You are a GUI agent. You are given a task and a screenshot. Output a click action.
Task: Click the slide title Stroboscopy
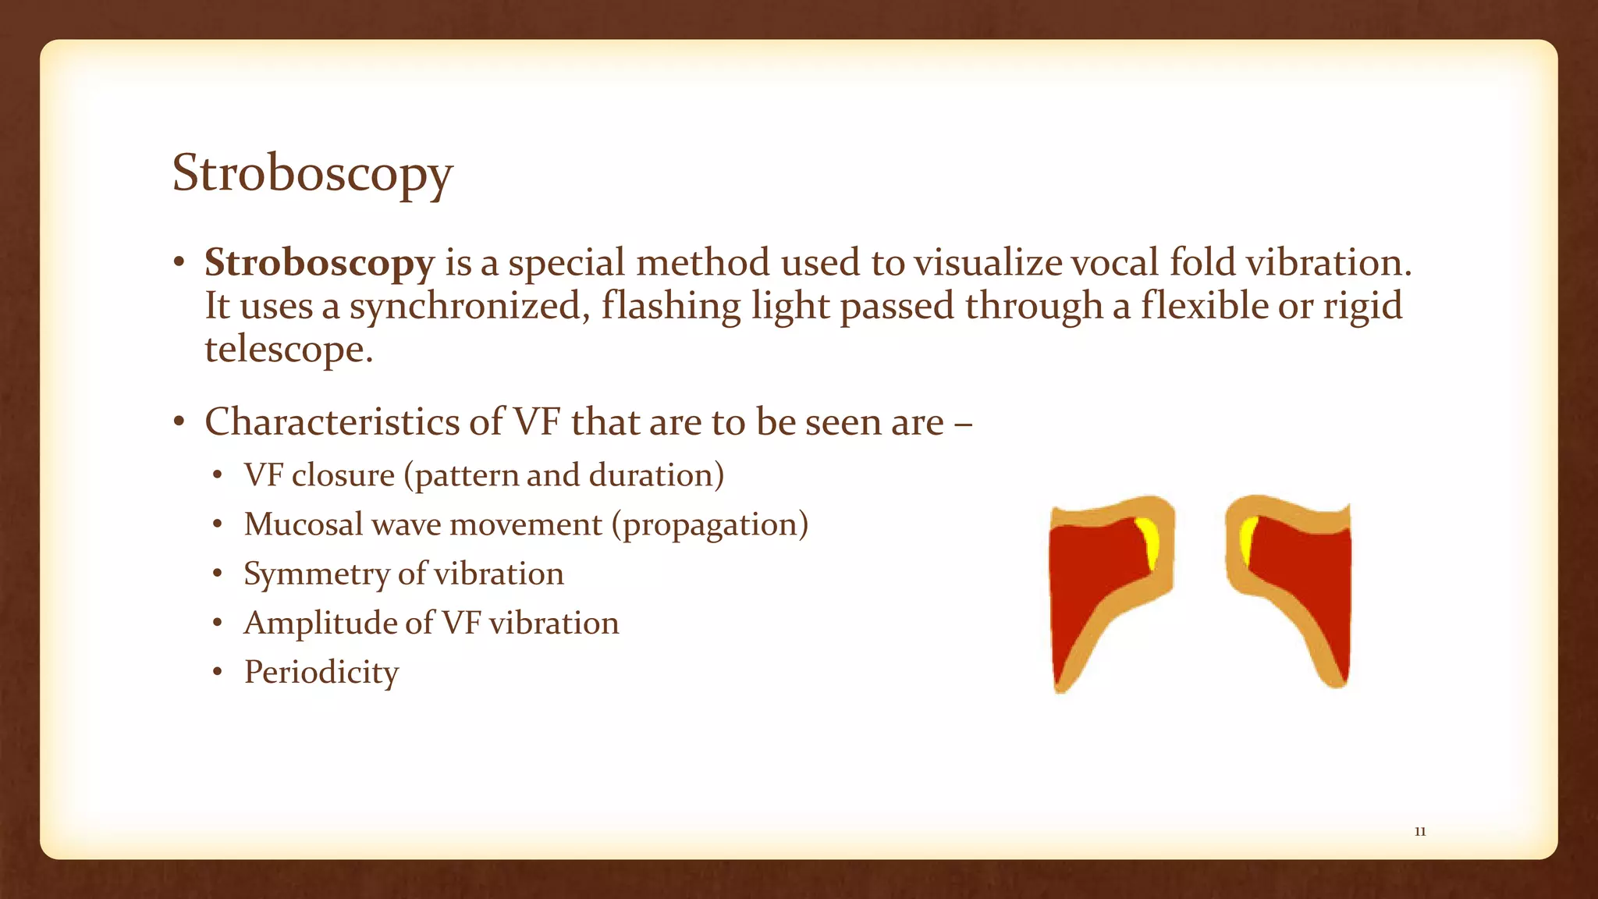point(312,173)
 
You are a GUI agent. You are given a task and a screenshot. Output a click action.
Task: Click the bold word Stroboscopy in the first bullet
point(319,263)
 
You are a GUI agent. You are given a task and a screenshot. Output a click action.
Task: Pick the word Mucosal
point(304,524)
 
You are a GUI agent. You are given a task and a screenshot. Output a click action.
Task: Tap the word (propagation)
point(710,524)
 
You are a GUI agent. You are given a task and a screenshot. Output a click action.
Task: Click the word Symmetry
point(316,574)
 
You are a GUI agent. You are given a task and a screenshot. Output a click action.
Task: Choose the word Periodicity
point(321,672)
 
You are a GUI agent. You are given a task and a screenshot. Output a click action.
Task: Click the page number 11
point(1420,832)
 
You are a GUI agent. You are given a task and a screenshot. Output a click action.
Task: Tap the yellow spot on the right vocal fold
point(1248,538)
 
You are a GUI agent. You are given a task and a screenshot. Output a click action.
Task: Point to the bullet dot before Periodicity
point(218,673)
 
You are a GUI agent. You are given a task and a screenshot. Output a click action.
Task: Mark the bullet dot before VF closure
point(218,476)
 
